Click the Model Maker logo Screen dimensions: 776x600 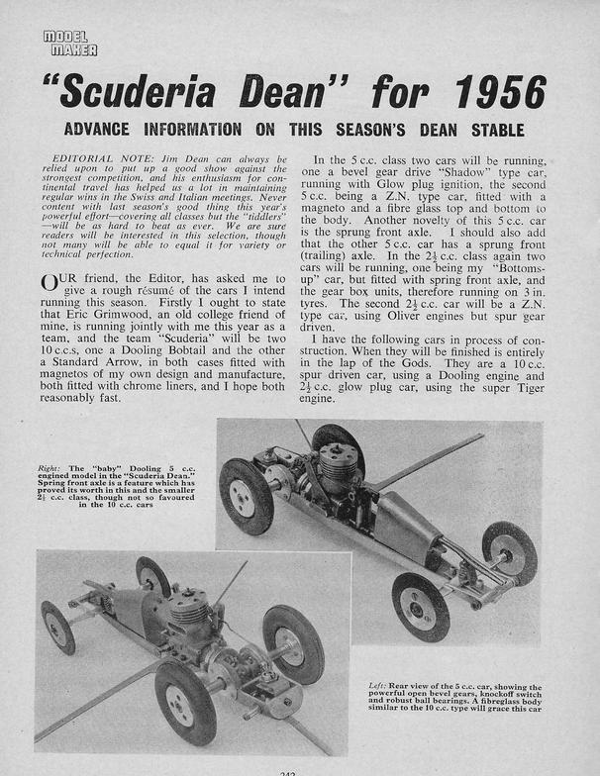click(x=69, y=43)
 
